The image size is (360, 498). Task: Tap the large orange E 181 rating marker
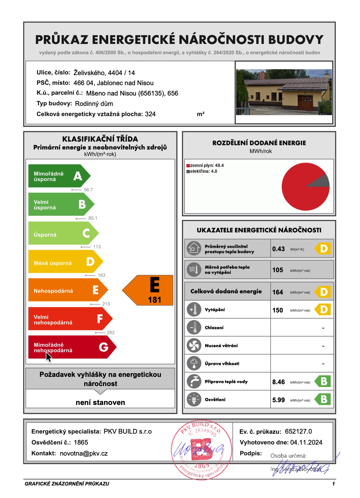click(x=149, y=290)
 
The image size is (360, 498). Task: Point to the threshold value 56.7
click(x=88, y=190)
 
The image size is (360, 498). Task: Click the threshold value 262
click(x=110, y=333)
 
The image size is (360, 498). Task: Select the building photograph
click(x=284, y=92)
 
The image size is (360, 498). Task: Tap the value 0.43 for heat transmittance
click(x=278, y=249)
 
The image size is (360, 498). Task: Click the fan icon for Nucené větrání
click(x=194, y=345)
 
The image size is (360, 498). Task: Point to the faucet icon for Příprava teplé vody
click(x=194, y=381)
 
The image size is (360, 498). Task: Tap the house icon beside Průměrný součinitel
click(x=194, y=248)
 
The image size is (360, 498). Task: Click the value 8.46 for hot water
click(x=278, y=382)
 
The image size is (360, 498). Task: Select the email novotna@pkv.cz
click(x=84, y=453)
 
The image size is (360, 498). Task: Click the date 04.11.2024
click(x=306, y=442)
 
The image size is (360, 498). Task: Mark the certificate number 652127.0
click(x=298, y=431)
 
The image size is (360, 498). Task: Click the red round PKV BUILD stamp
click(x=201, y=450)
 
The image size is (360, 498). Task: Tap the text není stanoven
click(x=100, y=402)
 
